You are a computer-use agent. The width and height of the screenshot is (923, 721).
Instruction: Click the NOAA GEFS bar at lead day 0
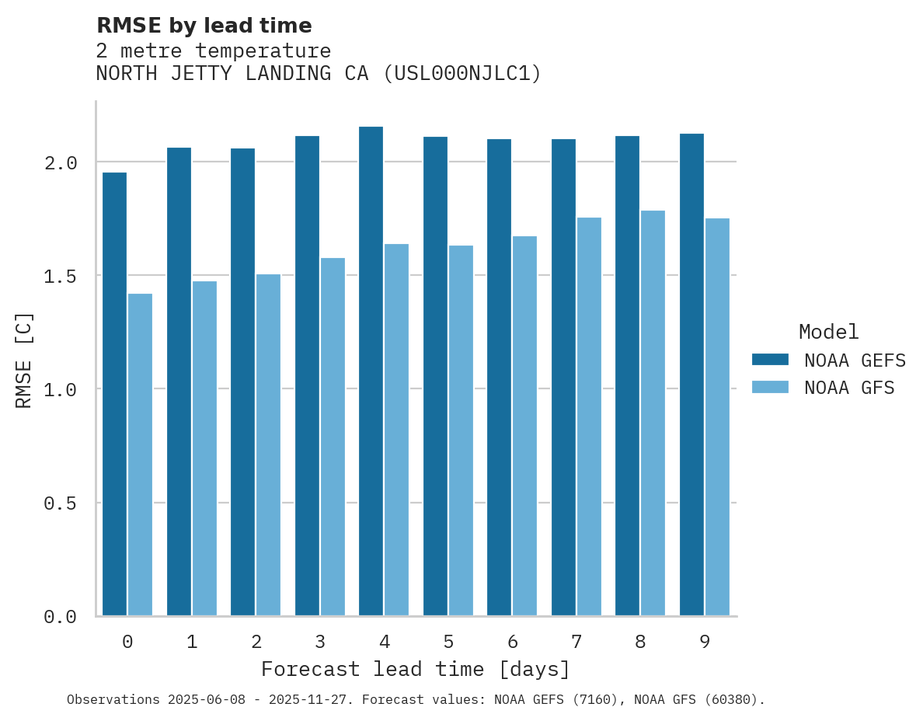[x=114, y=394]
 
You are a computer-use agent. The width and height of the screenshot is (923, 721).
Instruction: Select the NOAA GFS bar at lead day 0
[x=140, y=455]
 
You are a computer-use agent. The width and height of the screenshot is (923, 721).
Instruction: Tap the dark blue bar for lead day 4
[x=371, y=371]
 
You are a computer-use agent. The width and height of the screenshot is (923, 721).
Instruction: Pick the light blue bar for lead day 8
[x=653, y=413]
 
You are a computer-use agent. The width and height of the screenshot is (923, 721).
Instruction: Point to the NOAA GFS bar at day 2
[x=268, y=445]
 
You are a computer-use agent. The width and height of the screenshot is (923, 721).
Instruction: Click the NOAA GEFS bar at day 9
[x=691, y=374]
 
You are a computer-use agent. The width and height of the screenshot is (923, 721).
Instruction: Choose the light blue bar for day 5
[x=461, y=430]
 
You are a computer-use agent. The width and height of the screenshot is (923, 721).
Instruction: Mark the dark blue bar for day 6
[x=499, y=378]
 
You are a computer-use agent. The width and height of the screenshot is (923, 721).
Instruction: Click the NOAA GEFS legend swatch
[x=770, y=360]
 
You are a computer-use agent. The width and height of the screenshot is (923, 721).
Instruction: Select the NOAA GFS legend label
[x=849, y=388]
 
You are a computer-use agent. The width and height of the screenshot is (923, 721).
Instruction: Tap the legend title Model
[x=828, y=333]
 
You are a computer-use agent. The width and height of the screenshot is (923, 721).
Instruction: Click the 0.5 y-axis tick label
[x=61, y=503]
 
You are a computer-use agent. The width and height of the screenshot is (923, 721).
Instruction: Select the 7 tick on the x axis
[x=576, y=643]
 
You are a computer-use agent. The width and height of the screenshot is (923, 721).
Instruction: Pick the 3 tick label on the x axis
[x=320, y=643]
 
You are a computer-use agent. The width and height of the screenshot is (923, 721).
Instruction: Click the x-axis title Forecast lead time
[x=416, y=670]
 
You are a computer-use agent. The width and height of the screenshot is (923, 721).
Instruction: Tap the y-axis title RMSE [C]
[x=24, y=360]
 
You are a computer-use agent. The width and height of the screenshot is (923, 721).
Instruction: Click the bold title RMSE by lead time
[x=204, y=26]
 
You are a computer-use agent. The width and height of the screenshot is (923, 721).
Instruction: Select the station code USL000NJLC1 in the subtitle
[x=462, y=74]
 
